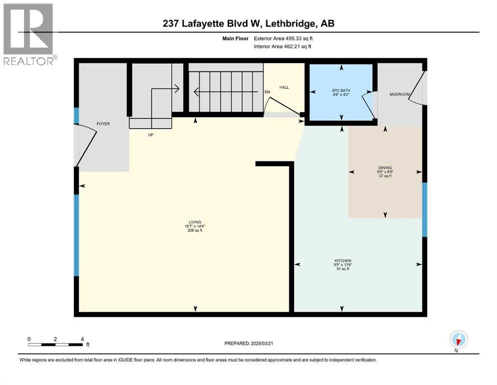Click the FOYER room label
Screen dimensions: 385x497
tap(103, 124)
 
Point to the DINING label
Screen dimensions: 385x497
tap(385, 168)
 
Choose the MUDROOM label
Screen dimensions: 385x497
tap(400, 94)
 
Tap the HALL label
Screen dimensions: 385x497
tap(285, 87)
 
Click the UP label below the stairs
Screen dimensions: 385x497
tap(150, 135)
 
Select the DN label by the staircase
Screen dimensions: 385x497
tap(268, 92)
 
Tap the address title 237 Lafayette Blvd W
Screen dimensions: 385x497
tap(248, 24)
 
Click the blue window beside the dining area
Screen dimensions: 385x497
tap(424, 210)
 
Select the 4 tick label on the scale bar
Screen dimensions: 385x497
tap(82, 339)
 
